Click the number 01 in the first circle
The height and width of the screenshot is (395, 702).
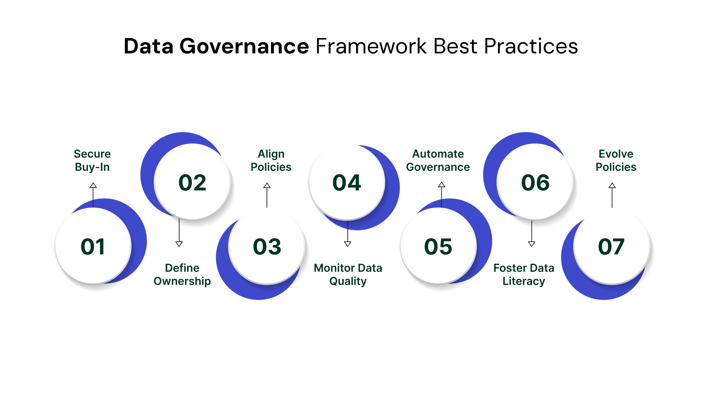click(x=93, y=247)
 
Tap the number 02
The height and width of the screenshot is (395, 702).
click(x=192, y=183)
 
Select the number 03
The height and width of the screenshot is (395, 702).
click(x=267, y=247)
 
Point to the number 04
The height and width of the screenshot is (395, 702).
click(x=347, y=183)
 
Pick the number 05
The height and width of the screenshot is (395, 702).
click(x=438, y=247)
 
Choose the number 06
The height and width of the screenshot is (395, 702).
click(x=535, y=183)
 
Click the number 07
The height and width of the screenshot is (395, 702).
click(x=611, y=247)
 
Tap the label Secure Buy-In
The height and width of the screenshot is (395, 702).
click(x=92, y=160)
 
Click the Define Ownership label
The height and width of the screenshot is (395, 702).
click(x=182, y=274)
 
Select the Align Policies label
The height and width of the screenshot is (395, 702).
click(x=271, y=160)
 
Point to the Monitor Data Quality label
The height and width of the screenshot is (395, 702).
click(x=348, y=274)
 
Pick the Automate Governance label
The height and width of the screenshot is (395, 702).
click(x=438, y=160)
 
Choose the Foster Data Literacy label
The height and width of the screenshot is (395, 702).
click(x=524, y=274)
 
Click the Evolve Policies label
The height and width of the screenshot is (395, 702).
click(x=616, y=160)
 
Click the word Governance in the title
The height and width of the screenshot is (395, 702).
click(x=244, y=46)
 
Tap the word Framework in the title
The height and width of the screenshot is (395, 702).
click(x=371, y=46)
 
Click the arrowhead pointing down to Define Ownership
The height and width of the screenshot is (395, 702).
click(x=179, y=244)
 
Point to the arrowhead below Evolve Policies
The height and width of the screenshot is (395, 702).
click(x=612, y=185)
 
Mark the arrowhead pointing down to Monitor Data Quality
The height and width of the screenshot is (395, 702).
click(x=348, y=244)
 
